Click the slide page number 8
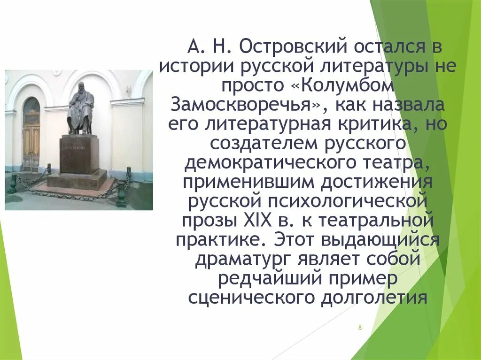[x=360, y=327]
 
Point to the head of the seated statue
[x=81, y=88]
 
